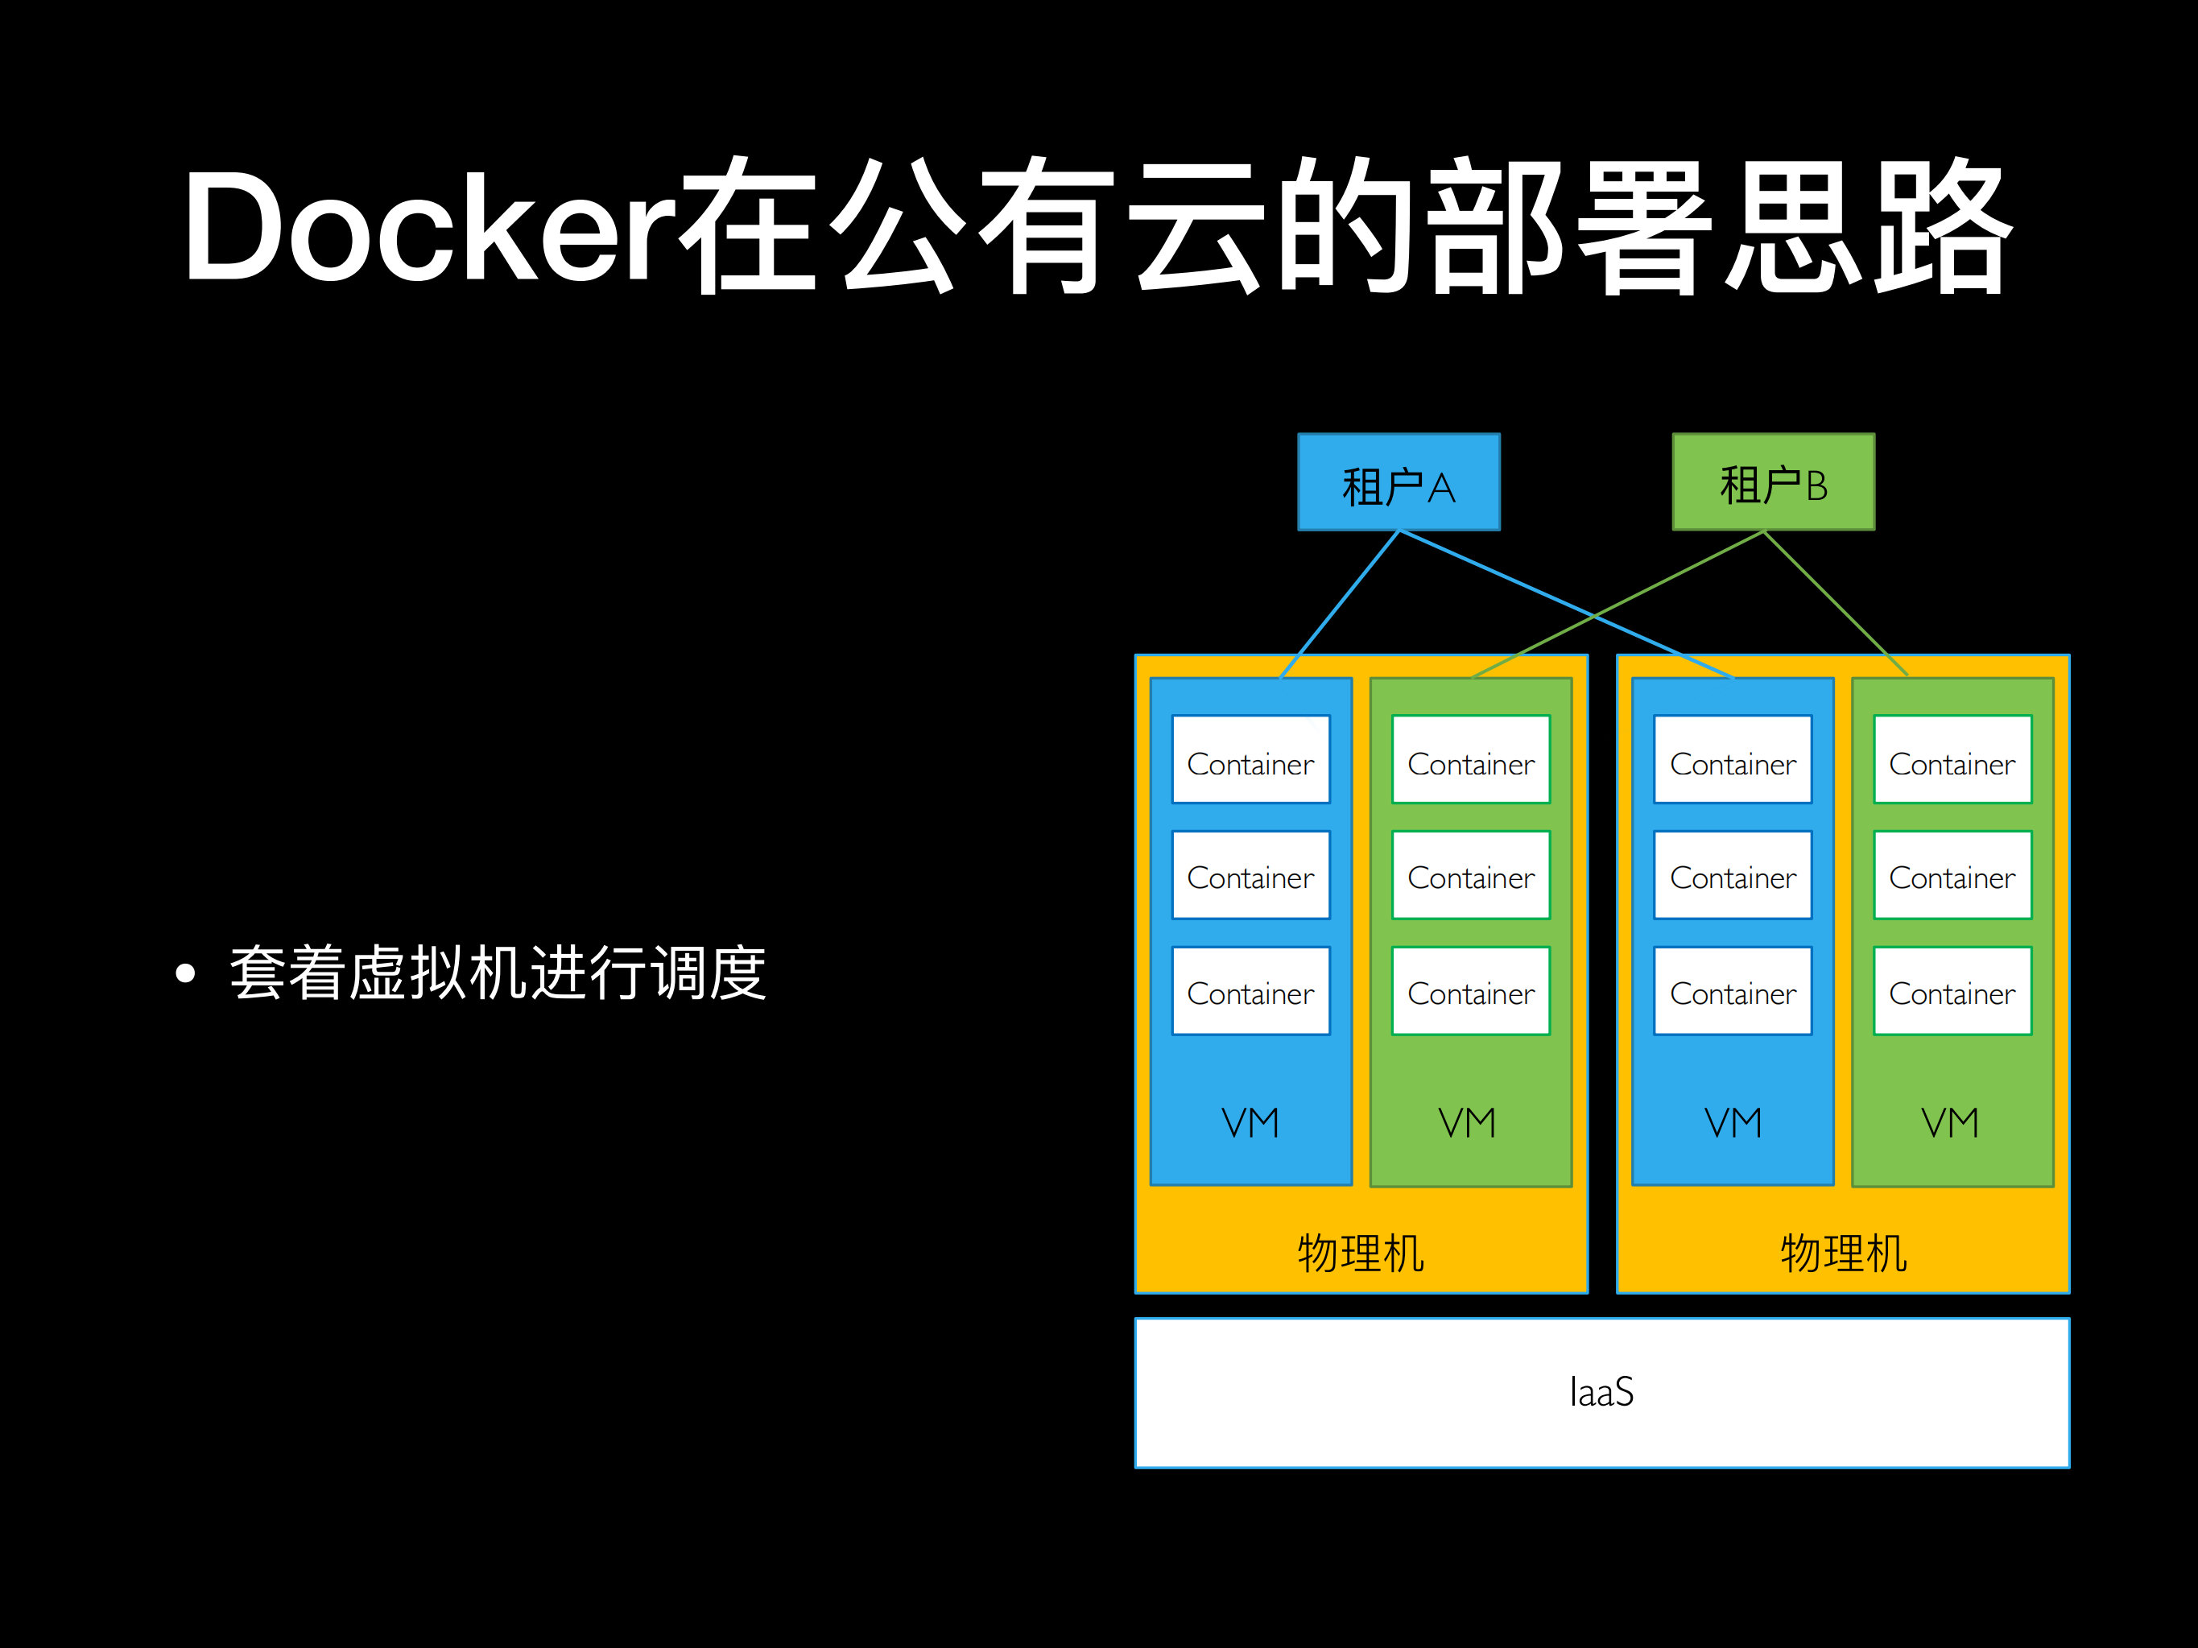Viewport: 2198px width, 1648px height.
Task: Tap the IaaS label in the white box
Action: tap(1601, 1392)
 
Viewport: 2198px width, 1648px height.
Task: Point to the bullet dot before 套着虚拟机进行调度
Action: tap(185, 973)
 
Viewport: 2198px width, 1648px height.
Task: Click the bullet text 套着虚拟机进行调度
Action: tap(498, 973)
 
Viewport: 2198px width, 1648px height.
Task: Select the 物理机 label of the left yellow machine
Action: tap(1361, 1253)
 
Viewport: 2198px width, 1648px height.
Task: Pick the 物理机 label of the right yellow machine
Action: tap(1842, 1253)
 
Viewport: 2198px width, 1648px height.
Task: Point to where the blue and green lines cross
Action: tap(1595, 616)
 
